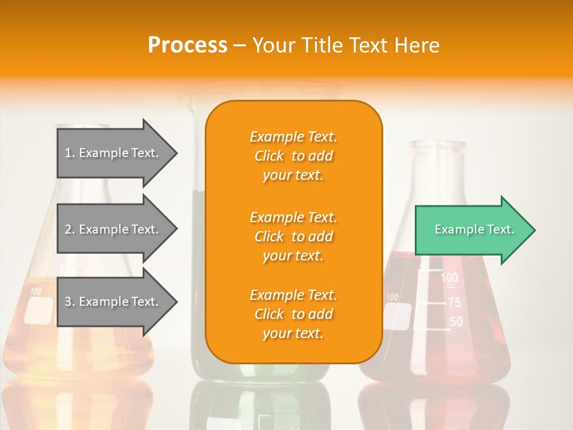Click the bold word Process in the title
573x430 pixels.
pos(187,45)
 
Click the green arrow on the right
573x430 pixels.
pos(472,230)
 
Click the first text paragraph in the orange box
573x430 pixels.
pos(293,156)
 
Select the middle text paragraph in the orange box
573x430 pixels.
pos(293,236)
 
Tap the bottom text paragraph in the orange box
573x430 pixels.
pos(293,314)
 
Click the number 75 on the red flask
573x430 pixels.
pos(454,303)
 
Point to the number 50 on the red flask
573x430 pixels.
pos(455,322)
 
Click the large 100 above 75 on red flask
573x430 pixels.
pos(449,278)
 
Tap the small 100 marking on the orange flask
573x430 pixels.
pos(35,292)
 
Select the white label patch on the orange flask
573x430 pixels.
pos(41,311)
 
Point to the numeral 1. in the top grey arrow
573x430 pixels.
pos(69,153)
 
